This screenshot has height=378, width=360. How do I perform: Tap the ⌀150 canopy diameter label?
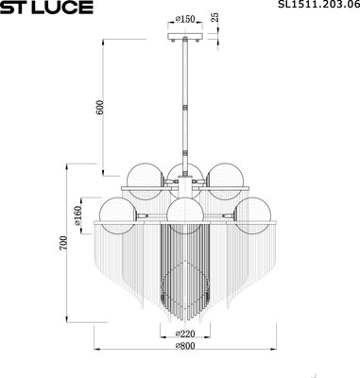(183, 19)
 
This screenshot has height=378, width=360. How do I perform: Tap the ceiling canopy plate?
(183, 37)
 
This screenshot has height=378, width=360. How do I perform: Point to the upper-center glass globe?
(183, 174)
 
